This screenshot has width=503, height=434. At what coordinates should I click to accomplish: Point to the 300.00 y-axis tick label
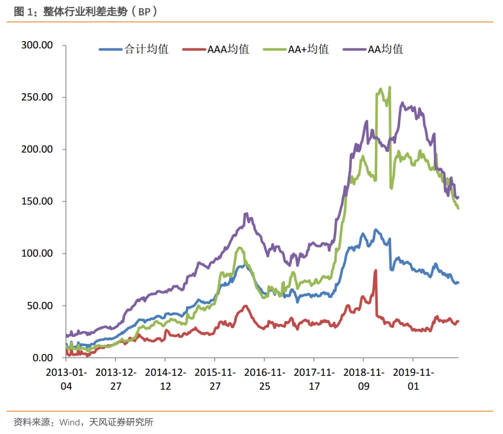point(37,45)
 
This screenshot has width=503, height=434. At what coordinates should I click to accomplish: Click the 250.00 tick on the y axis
point(37,97)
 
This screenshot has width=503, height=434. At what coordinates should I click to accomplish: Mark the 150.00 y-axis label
point(37,202)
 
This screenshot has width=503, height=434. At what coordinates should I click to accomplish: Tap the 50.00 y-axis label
point(40,306)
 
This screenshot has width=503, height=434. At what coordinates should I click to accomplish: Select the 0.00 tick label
point(42,358)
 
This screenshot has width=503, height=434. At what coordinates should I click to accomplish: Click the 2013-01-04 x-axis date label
point(66,379)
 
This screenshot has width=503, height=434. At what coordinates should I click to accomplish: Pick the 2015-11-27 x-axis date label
point(215,379)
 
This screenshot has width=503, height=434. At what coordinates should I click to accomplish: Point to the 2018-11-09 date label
point(363,379)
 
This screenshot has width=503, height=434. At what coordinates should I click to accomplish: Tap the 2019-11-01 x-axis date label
point(413,379)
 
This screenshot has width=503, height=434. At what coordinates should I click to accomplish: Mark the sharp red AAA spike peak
point(375,270)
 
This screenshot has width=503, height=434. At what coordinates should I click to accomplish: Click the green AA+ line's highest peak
point(389,87)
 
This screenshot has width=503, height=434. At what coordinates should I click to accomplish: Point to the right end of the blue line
point(458,283)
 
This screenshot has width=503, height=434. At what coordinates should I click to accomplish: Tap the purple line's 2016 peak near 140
point(245,214)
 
